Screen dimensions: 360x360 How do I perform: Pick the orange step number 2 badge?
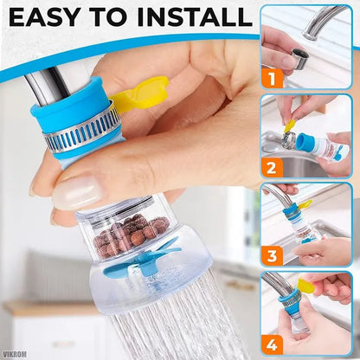[274, 166]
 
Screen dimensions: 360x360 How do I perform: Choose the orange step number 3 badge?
[274, 255]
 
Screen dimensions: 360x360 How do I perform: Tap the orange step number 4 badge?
[274, 344]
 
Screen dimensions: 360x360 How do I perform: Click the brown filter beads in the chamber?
[131, 234]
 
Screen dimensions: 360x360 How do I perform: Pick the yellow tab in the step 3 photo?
[304, 204]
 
